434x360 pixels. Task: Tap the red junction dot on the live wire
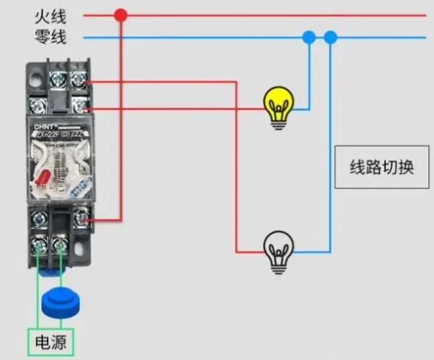click(121, 15)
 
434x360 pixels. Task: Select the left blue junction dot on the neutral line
click(308, 36)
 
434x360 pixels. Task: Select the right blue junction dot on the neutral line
click(330, 36)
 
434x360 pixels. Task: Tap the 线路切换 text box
click(382, 168)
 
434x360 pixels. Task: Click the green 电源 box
click(50, 343)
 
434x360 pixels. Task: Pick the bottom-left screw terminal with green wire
click(39, 246)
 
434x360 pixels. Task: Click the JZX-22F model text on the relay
click(63, 134)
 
